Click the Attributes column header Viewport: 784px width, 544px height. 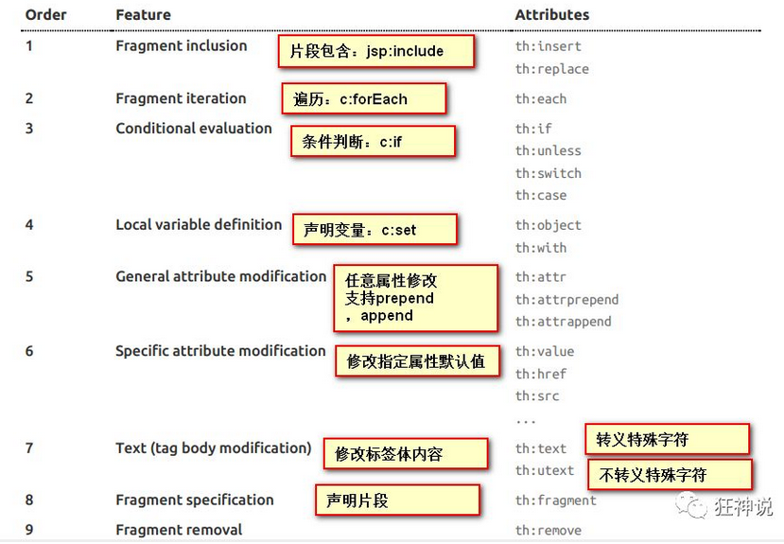[551, 15]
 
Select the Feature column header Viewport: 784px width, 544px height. [143, 15]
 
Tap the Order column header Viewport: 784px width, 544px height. [45, 15]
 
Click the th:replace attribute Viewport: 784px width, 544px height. [551, 69]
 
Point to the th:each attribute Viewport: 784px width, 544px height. [540, 99]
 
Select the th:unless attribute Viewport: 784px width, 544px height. [548, 151]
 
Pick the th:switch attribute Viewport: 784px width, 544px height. [548, 174]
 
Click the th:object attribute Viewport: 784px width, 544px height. [548, 226]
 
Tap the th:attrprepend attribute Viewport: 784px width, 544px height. [566, 300]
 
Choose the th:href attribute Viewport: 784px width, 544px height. [540, 375]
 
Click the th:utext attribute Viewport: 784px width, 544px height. [544, 471]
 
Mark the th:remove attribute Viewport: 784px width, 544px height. [548, 531]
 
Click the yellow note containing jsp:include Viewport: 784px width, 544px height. [375, 51]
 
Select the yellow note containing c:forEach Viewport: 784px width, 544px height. [362, 98]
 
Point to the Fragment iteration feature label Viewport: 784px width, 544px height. [181, 98]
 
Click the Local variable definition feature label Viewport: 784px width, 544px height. [199, 225]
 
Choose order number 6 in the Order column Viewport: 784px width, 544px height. [29, 351]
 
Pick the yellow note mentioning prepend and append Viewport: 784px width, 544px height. [415, 298]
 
